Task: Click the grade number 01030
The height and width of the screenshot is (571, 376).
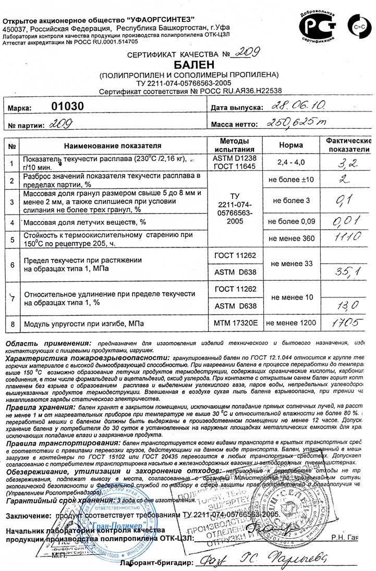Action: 67,106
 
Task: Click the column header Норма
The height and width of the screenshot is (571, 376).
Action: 290,145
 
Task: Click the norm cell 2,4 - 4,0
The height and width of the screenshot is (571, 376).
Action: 290,162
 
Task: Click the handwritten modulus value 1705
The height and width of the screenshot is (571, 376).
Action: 346,324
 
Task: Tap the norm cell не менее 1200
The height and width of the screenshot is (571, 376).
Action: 290,324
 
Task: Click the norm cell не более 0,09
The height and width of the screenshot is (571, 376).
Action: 290,222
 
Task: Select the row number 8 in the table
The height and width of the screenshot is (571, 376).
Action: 12,325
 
